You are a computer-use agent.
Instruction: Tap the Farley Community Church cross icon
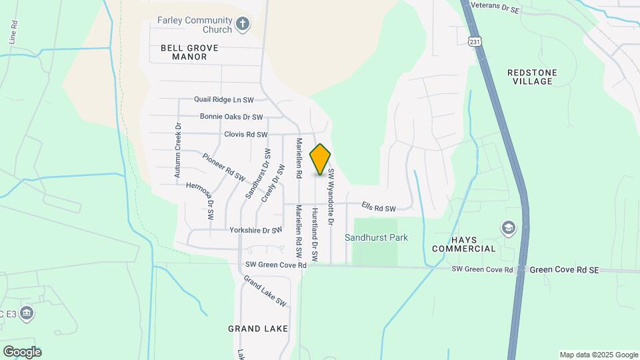click(x=243, y=25)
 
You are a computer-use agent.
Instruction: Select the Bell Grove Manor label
click(x=184, y=52)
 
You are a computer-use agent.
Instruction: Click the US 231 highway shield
click(x=474, y=41)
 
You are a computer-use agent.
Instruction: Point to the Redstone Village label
click(x=532, y=77)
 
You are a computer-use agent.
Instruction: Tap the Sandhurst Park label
click(x=376, y=237)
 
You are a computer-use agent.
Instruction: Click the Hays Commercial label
click(x=464, y=244)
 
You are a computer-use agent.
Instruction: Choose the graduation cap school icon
click(x=509, y=228)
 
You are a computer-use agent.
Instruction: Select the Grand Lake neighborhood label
click(x=258, y=329)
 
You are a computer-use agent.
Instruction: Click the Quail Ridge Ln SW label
click(x=224, y=100)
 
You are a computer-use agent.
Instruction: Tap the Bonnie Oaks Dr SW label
click(x=232, y=117)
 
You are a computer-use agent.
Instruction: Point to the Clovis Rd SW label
click(x=245, y=134)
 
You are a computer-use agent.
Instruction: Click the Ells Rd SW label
click(x=379, y=208)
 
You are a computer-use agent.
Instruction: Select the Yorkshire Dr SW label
click(x=256, y=231)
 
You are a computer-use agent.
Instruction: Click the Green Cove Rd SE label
click(x=564, y=270)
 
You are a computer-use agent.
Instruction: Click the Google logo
click(x=22, y=352)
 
